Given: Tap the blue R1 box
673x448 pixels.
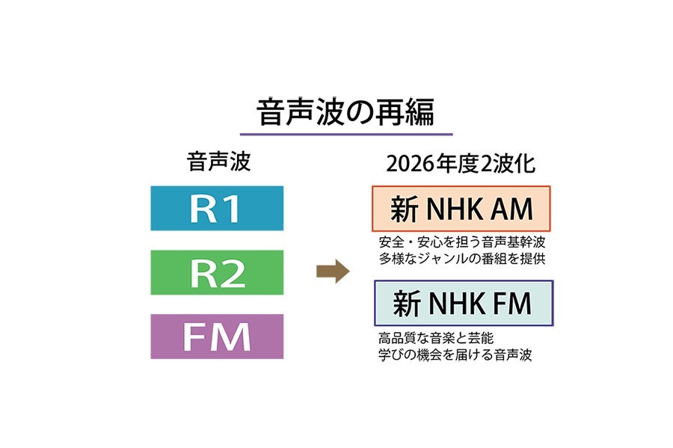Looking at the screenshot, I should pyautogui.click(x=217, y=209).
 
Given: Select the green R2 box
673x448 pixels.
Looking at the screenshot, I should pyautogui.click(x=217, y=273).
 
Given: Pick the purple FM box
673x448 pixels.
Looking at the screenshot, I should pyautogui.click(x=217, y=337).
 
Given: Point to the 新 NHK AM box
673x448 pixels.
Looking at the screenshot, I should pyautogui.click(x=461, y=209).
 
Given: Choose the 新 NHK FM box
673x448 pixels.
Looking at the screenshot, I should pyautogui.click(x=462, y=303).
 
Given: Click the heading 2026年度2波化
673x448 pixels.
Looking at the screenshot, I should pyautogui.click(x=461, y=164).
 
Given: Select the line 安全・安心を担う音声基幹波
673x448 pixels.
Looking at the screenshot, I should pyautogui.click(x=453, y=243).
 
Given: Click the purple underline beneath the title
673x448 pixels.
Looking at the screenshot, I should pyautogui.click(x=345, y=135).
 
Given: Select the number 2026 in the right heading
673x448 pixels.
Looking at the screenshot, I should pyautogui.click(x=408, y=165).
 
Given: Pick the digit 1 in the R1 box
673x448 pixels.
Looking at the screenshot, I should pyautogui.click(x=232, y=209).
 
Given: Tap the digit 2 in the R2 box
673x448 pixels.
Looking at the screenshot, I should pyautogui.click(x=233, y=274).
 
